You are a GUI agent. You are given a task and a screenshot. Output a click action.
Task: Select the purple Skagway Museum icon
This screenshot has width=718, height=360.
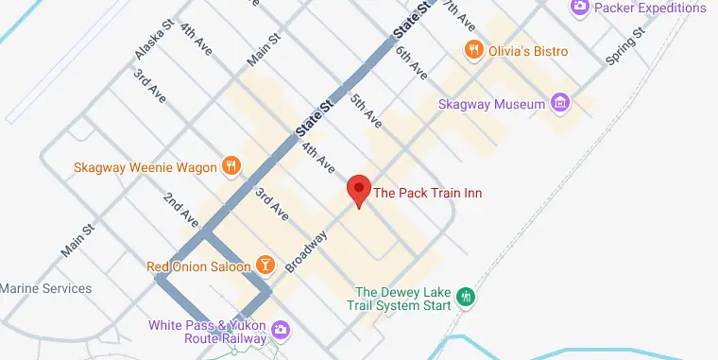(x=560, y=103)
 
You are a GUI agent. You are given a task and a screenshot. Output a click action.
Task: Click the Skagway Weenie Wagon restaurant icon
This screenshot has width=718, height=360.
(x=231, y=168)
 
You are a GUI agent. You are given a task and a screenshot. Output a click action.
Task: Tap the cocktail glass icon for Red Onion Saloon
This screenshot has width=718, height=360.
(x=266, y=266)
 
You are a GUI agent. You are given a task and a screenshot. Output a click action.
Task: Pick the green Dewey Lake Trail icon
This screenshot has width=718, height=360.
(x=465, y=298)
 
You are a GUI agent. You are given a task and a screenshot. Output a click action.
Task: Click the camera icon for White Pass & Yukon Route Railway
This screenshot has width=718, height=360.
(x=280, y=329)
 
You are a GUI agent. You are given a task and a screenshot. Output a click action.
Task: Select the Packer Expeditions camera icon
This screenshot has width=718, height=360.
(x=580, y=9)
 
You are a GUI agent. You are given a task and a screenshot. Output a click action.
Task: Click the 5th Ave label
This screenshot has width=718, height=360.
(x=366, y=111)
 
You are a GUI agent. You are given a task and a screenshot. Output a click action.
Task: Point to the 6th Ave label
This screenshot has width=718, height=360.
(x=412, y=62)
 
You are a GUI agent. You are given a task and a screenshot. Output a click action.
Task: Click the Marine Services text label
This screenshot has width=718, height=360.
(x=45, y=288)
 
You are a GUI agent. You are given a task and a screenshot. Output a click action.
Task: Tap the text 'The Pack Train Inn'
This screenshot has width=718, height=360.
(x=428, y=194)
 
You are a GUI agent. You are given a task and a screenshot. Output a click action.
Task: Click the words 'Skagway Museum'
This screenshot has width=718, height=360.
(x=492, y=104)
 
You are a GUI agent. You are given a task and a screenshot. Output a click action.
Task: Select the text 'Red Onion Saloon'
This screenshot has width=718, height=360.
(x=199, y=266)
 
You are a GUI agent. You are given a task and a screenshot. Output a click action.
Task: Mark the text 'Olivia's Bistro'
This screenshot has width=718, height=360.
(x=528, y=51)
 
